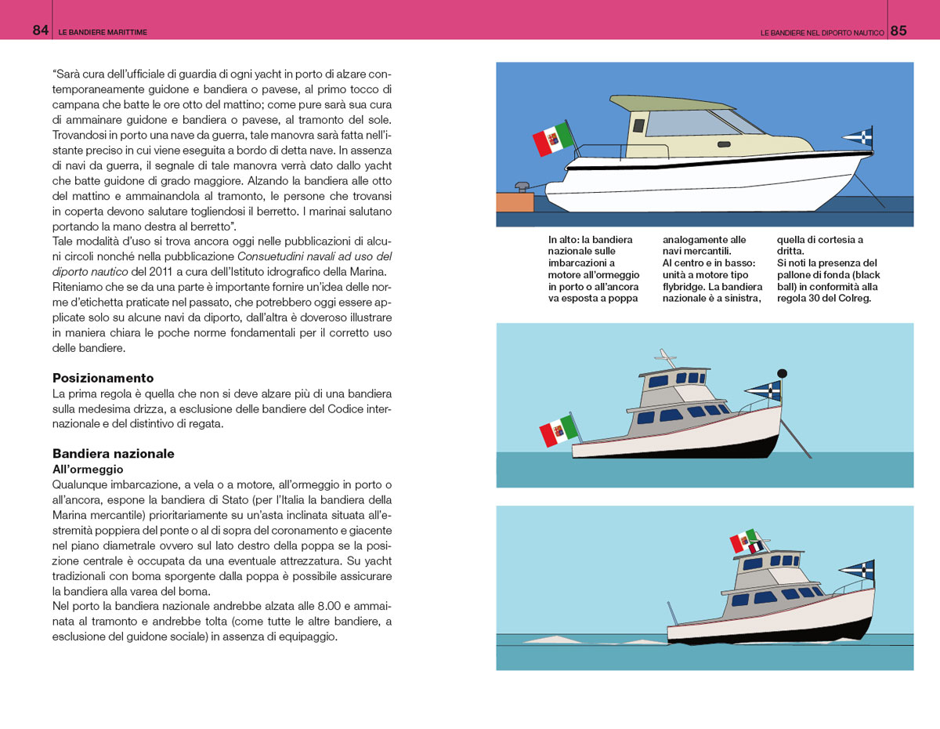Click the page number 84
(x=41, y=31)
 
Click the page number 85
(x=898, y=31)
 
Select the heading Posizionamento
(x=103, y=378)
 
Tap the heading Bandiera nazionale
(x=114, y=454)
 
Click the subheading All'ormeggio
(x=88, y=470)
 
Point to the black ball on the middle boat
(x=782, y=373)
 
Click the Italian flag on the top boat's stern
(x=553, y=140)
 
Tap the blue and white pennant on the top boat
(x=859, y=137)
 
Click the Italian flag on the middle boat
(x=559, y=430)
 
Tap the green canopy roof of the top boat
(x=671, y=103)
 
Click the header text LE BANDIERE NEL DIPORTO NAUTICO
(x=822, y=32)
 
